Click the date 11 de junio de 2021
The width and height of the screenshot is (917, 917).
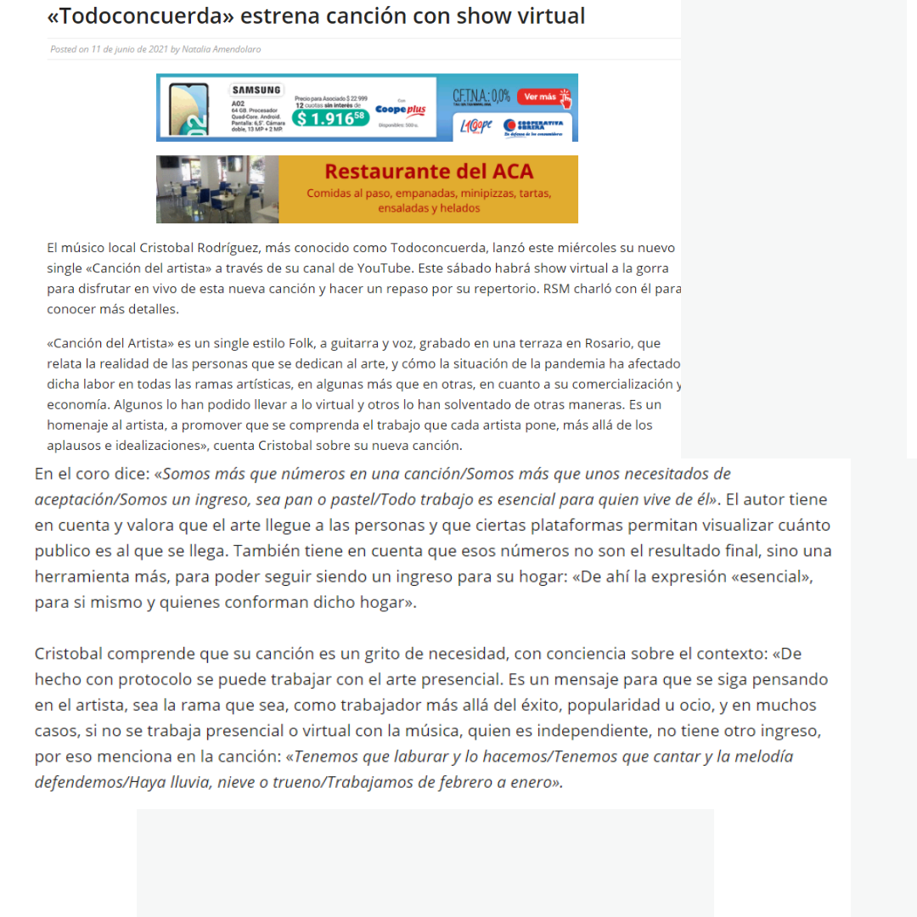click(x=129, y=49)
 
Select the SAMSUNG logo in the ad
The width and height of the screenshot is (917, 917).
click(x=257, y=90)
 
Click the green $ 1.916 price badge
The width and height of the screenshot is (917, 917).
click(x=331, y=119)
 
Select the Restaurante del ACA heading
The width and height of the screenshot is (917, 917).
click(x=429, y=172)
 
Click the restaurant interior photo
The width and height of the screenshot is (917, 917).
click(x=217, y=189)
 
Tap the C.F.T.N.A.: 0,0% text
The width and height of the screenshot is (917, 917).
click(x=481, y=96)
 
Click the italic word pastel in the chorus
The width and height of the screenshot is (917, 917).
click(x=373, y=498)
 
